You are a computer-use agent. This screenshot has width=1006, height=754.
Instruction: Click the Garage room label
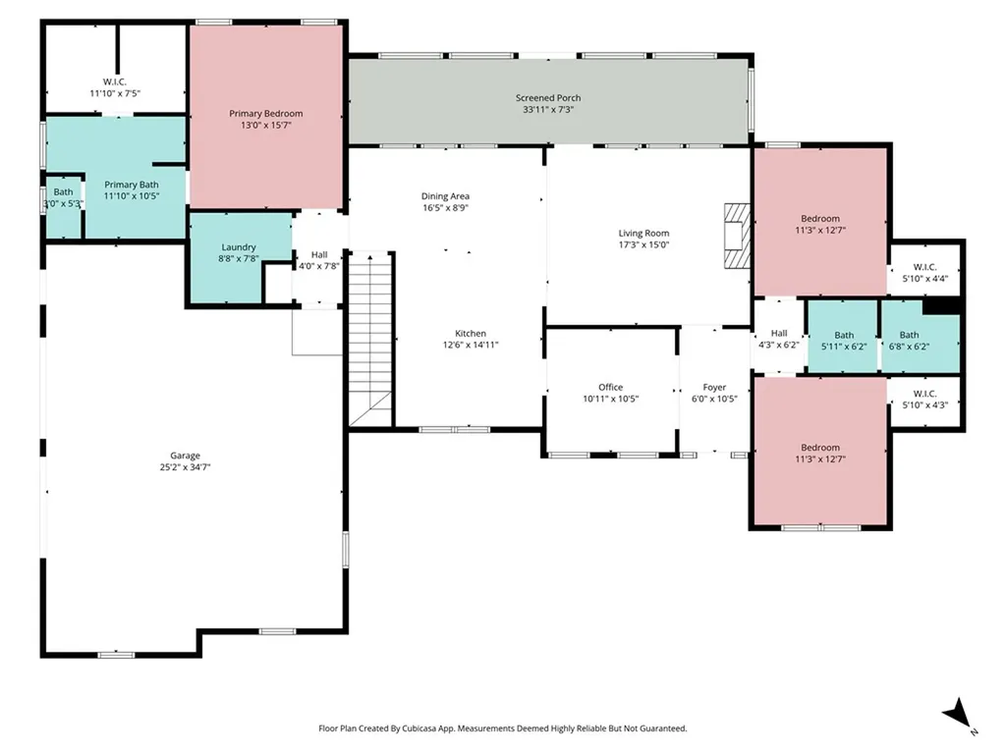185,456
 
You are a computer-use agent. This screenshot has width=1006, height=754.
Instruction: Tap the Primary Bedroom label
265,114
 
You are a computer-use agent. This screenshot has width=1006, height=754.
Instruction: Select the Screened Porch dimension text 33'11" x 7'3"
548,111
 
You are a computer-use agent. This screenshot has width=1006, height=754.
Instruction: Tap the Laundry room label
239,247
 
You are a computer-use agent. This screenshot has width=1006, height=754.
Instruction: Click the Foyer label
714,388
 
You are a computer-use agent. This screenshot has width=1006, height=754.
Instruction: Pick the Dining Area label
445,196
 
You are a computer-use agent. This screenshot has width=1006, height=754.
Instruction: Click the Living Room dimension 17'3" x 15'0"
643,245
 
